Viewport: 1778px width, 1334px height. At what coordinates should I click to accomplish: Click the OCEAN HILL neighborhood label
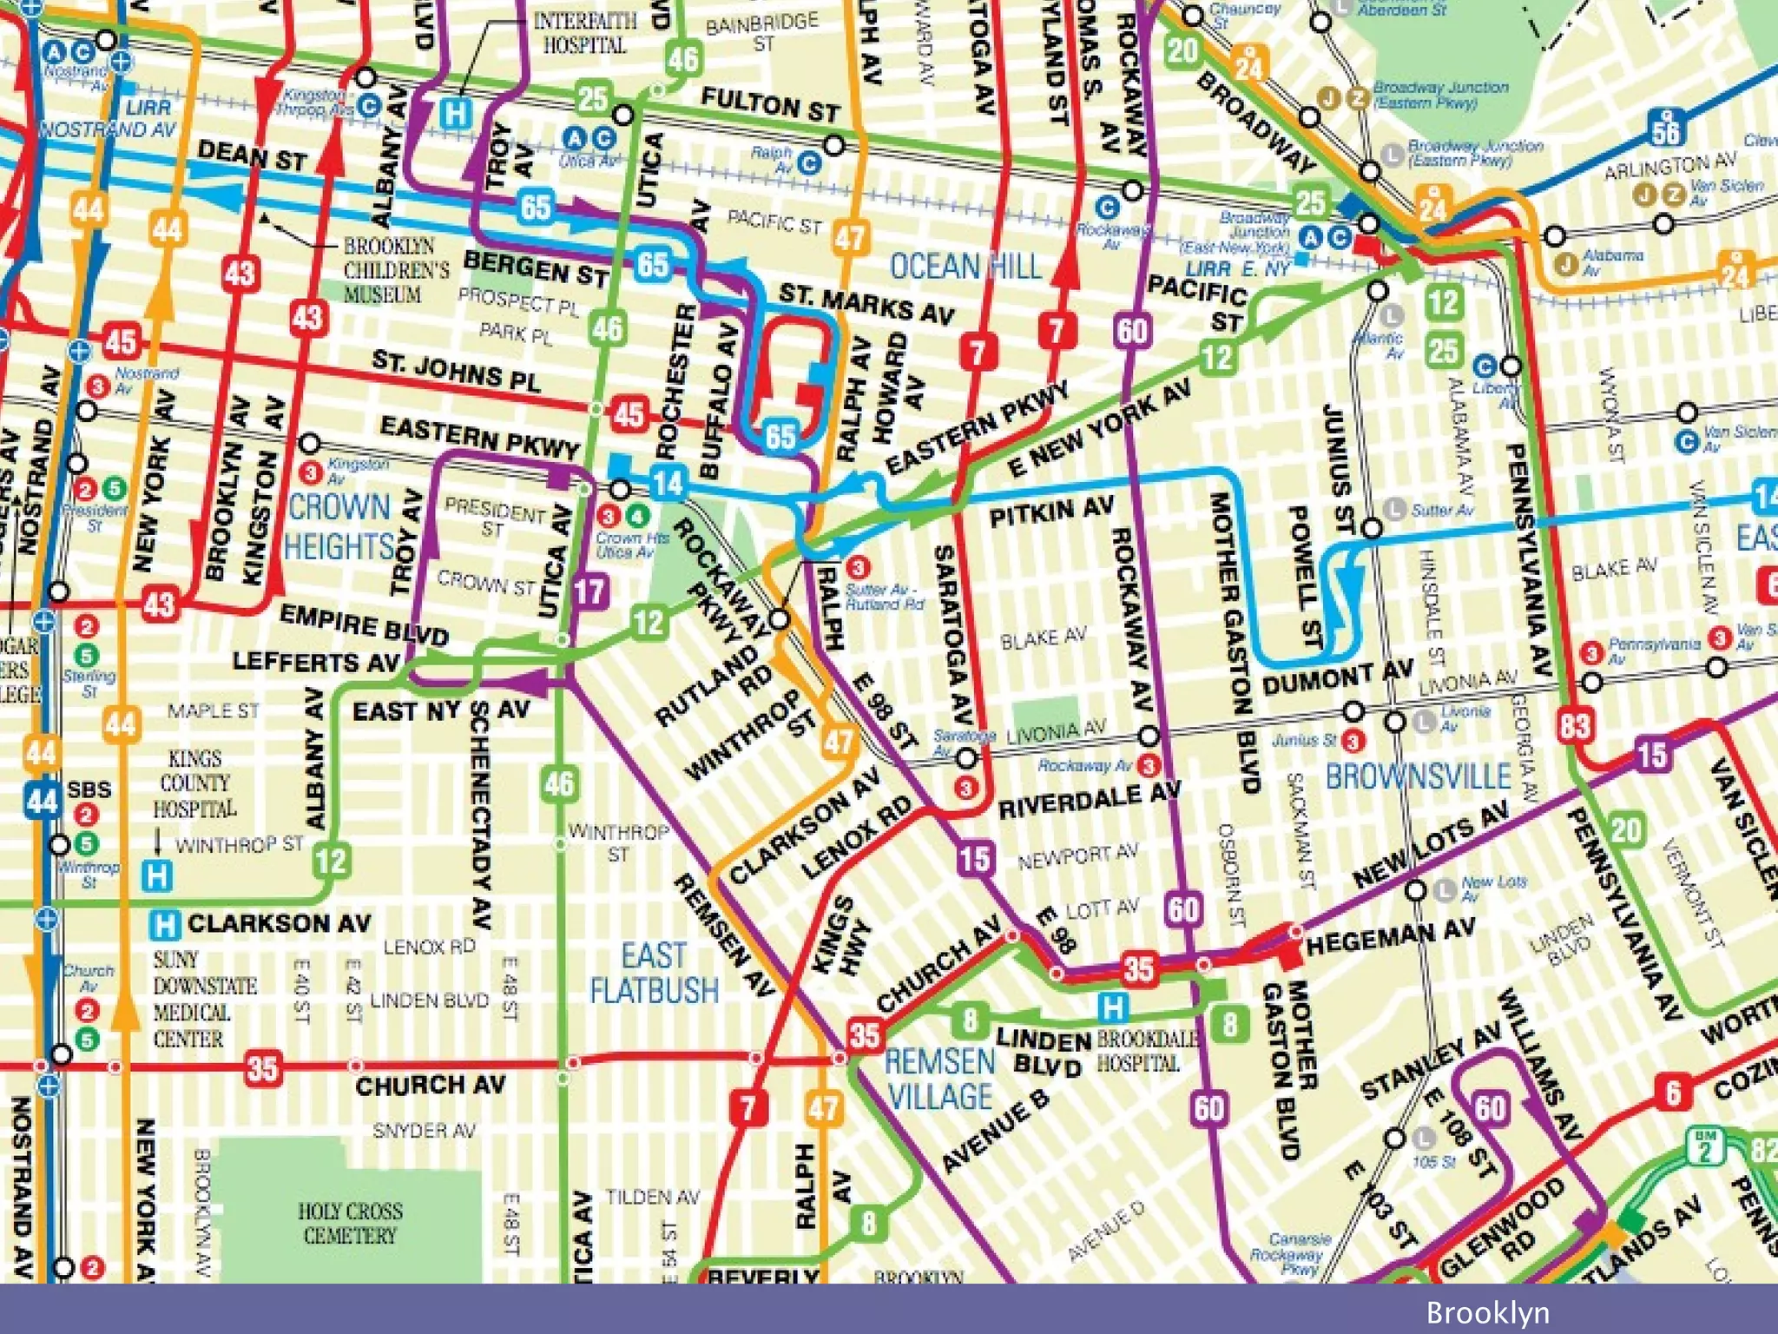click(x=965, y=266)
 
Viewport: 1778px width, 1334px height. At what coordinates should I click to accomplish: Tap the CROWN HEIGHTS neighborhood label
click(x=339, y=526)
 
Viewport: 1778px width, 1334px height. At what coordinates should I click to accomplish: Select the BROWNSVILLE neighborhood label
click(x=1417, y=776)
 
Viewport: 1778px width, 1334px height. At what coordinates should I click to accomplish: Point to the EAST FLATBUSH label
click(x=655, y=973)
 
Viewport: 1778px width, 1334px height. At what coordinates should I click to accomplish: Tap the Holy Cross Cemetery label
click(x=350, y=1223)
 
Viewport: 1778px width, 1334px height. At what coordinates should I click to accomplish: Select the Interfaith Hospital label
click(x=584, y=33)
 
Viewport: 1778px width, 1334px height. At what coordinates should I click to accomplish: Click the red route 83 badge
click(x=1574, y=723)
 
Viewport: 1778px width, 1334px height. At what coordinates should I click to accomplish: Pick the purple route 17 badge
click(x=589, y=593)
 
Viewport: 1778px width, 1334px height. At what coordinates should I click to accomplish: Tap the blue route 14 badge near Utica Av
click(x=668, y=483)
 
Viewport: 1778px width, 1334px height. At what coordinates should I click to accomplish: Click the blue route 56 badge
click(x=1666, y=130)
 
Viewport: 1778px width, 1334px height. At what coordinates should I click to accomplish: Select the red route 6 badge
click(x=1672, y=1092)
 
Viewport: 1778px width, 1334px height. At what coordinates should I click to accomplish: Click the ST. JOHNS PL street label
click(x=456, y=370)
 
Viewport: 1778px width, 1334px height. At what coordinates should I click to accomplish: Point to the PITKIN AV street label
click(x=1050, y=512)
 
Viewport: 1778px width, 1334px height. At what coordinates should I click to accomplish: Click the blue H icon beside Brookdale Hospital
click(x=1112, y=1007)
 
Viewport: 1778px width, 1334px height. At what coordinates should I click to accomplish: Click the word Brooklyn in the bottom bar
click(x=1487, y=1311)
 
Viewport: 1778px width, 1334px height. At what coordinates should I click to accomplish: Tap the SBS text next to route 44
click(x=89, y=789)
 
